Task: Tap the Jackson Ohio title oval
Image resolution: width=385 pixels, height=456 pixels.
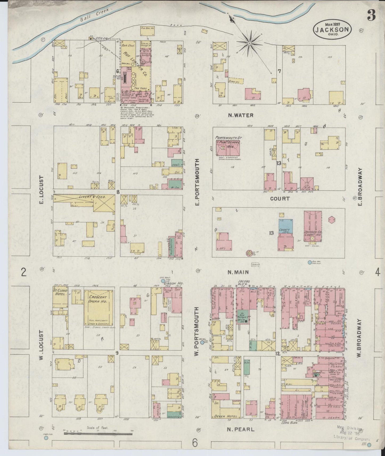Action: click(x=332, y=29)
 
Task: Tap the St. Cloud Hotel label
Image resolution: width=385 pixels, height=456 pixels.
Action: click(x=60, y=292)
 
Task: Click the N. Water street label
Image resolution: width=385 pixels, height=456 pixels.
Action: click(x=241, y=115)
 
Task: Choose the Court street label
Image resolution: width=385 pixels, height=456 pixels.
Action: click(x=279, y=199)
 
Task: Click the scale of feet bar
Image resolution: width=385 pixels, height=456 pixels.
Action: click(x=98, y=434)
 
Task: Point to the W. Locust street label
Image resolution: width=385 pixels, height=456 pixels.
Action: click(x=41, y=345)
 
